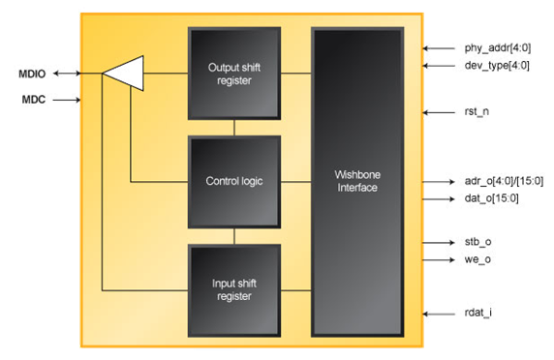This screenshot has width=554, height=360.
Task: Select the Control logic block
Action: (x=233, y=181)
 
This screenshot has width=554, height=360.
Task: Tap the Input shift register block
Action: (x=233, y=289)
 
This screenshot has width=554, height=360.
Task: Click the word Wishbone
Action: (x=357, y=175)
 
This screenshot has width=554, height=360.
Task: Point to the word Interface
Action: (x=357, y=188)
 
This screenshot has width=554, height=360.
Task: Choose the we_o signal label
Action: (x=473, y=259)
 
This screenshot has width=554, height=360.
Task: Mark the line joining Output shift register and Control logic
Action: (x=233, y=127)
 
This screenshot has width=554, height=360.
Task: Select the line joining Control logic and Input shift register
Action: (x=233, y=235)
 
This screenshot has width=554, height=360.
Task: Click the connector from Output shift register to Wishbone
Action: (x=296, y=73)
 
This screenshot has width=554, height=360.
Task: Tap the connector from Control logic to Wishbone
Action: (x=296, y=181)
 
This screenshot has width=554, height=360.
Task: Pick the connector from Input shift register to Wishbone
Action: (x=296, y=289)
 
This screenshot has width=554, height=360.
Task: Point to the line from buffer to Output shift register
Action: (x=165, y=73)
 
